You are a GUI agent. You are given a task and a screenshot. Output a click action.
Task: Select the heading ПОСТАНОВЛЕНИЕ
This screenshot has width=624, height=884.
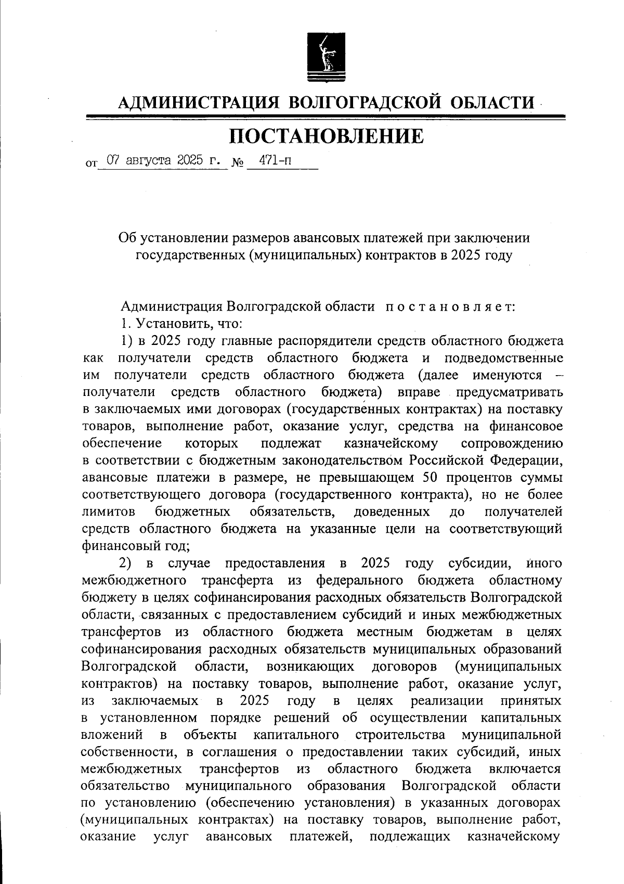point(327,136)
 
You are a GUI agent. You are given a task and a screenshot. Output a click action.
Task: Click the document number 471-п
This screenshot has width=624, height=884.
point(276,160)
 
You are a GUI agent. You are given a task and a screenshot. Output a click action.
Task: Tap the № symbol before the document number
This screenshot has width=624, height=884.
point(238,162)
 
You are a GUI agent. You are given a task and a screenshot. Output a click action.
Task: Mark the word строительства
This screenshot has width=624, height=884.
point(401,735)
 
